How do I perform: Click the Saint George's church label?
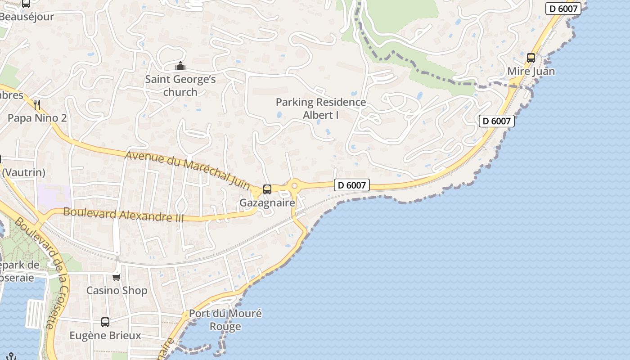[x=180, y=85]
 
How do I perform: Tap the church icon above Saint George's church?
[x=180, y=67]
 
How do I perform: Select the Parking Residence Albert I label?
[x=321, y=108]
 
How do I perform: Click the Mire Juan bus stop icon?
[x=531, y=58]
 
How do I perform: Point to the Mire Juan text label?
[x=531, y=71]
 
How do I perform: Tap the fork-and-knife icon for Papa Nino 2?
[x=37, y=105]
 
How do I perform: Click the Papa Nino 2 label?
[x=37, y=118]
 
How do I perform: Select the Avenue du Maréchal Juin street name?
[x=188, y=170]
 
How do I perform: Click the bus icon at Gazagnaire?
[x=267, y=189]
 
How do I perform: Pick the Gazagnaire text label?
[x=267, y=202]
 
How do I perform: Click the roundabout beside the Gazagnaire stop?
[x=295, y=185]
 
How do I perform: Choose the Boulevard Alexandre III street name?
[x=124, y=214]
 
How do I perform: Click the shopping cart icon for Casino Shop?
[x=117, y=277]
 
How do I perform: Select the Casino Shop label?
[x=117, y=290]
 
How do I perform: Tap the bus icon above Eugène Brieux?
[x=105, y=322]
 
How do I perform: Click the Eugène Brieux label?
[x=105, y=335]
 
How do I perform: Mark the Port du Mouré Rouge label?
[x=225, y=319]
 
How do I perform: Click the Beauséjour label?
[x=27, y=17]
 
